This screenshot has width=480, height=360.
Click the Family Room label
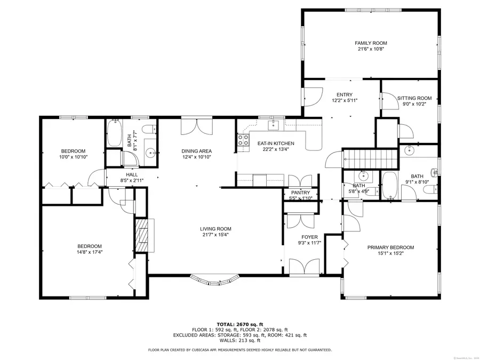(x=371, y=43)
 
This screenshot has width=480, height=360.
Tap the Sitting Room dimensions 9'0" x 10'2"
(x=414, y=105)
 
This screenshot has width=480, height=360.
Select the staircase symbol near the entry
(x=371, y=158)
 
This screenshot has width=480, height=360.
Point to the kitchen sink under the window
(x=275, y=125)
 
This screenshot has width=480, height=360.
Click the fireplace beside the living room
(x=142, y=235)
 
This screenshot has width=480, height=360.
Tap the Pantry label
(x=300, y=193)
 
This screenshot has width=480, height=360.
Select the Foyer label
(x=309, y=237)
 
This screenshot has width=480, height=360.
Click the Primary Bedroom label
(x=390, y=247)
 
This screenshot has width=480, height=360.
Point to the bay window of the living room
(x=215, y=279)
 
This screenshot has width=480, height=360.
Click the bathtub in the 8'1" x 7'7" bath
(x=114, y=134)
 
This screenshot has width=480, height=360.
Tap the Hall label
(x=132, y=175)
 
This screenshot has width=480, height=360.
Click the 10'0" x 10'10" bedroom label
(x=73, y=151)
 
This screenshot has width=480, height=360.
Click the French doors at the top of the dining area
(x=196, y=127)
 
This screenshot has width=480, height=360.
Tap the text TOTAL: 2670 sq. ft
(x=239, y=324)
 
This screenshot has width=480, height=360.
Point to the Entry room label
(x=344, y=94)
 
